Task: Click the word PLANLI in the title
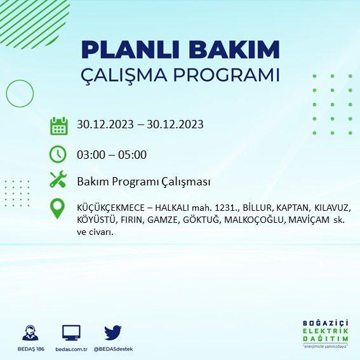[130, 50]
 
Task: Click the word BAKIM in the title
[234, 50]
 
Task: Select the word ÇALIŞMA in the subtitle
[124, 75]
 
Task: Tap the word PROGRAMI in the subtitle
[227, 75]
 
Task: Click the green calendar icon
[59, 126]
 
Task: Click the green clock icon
[58, 154]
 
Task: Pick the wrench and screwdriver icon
[58, 179]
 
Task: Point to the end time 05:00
[132, 155]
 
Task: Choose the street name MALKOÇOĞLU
[255, 220]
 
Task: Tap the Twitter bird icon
[113, 333]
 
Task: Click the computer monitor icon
[71, 333]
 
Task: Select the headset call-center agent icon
[30, 333]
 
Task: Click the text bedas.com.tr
[71, 349]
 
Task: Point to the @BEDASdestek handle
[113, 349]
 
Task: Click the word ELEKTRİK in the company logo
[326, 331]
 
